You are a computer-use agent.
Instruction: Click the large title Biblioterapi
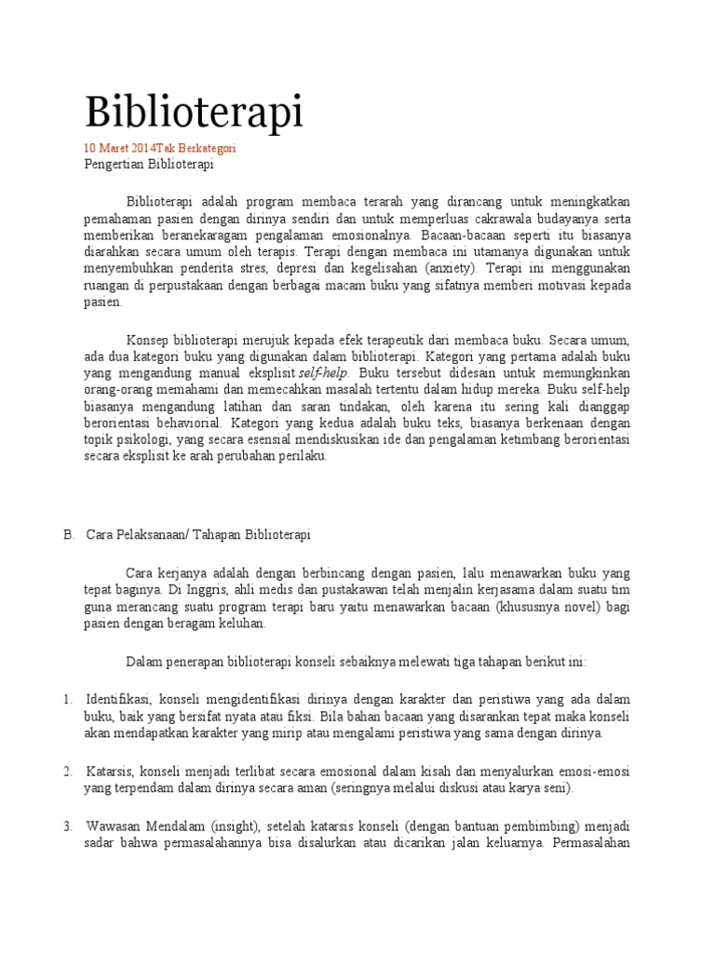tap(194, 112)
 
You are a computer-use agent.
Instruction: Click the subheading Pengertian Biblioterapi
tap(149, 165)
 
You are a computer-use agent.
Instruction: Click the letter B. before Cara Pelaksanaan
tap(68, 535)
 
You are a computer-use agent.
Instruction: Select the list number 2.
tap(68, 772)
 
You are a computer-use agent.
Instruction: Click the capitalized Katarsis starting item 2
tap(109, 772)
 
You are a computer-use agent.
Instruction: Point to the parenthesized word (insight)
tap(242, 826)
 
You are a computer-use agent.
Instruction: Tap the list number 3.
tap(68, 826)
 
